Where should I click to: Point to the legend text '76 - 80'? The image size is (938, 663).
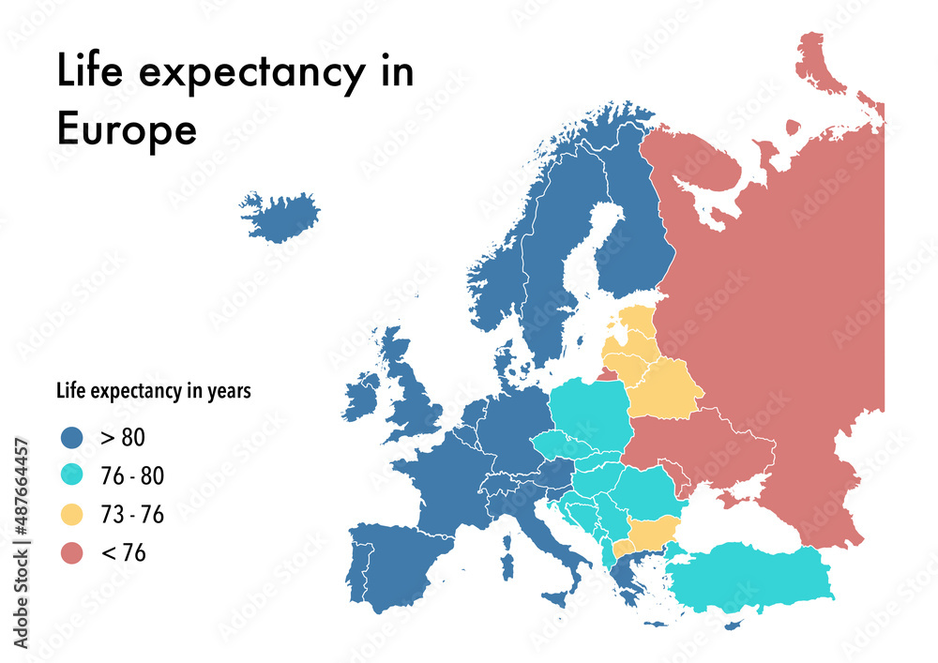point(131,476)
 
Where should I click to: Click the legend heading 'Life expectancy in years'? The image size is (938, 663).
point(154,391)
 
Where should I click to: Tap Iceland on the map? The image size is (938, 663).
point(280,217)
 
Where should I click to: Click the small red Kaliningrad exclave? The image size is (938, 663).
point(608,374)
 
